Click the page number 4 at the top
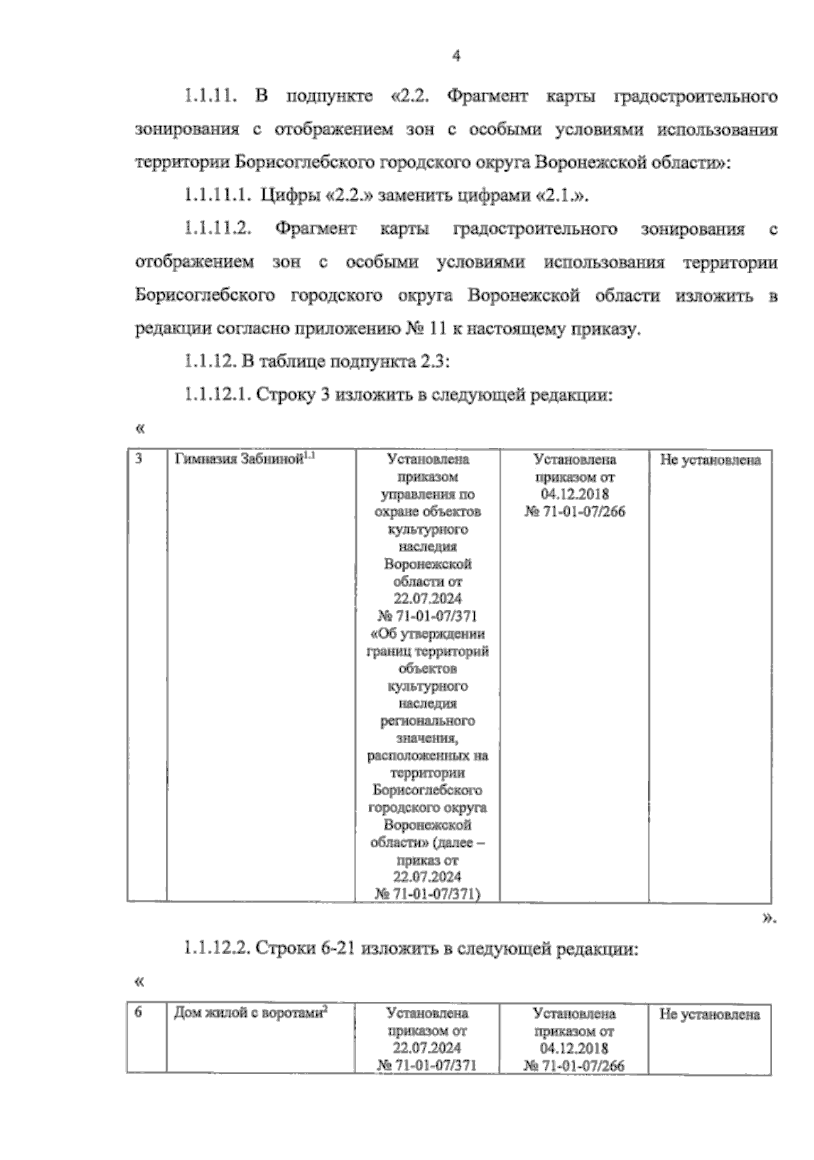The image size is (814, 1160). [x=456, y=57]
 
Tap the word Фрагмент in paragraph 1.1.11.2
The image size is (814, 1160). [x=315, y=230]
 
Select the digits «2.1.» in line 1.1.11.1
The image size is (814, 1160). [x=562, y=197]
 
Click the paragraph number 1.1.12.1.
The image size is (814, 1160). [x=216, y=395]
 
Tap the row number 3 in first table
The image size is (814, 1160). [x=138, y=459]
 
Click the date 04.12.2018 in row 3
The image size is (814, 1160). [x=575, y=494]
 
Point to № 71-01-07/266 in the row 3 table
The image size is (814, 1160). [x=575, y=512]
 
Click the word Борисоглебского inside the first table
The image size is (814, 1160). [x=427, y=791]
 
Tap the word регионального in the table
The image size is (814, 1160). [x=427, y=721]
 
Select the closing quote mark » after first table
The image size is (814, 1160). [x=767, y=919]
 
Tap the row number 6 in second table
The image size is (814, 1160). [x=138, y=1012]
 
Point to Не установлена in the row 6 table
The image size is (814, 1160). [x=710, y=1015]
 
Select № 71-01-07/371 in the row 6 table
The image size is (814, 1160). [x=427, y=1065]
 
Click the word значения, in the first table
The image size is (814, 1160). [x=427, y=738]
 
